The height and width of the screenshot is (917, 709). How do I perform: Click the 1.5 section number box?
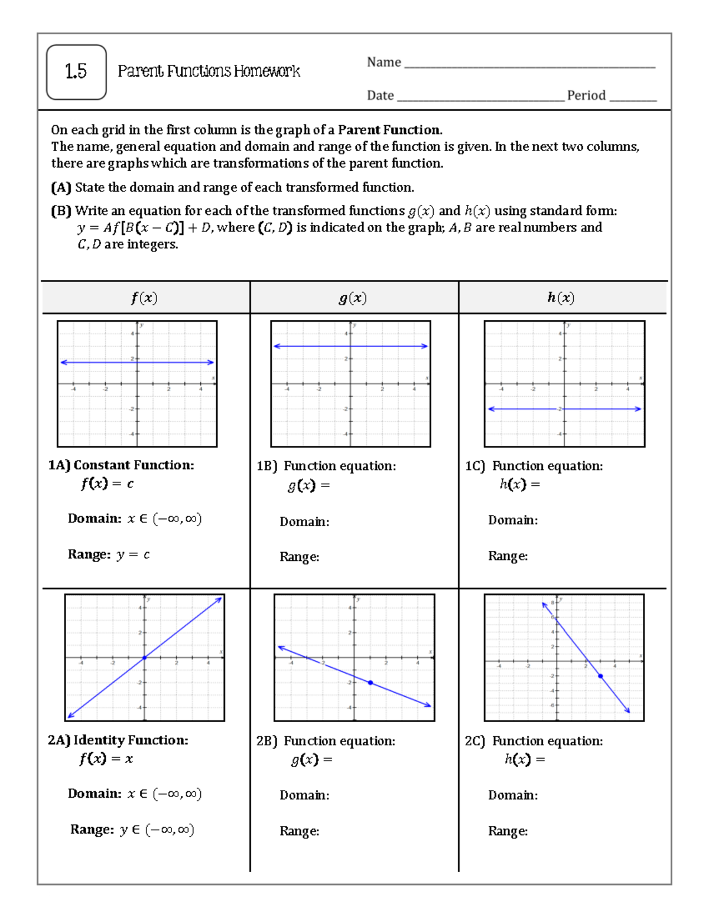76,72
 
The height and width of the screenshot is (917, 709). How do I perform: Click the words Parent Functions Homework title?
209,71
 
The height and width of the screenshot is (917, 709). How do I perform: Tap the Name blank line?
529,66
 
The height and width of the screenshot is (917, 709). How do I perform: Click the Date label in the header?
380,96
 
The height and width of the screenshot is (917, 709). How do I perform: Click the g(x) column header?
353,298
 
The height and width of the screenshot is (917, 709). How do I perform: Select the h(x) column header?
561,298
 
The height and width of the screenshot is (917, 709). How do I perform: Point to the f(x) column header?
144,298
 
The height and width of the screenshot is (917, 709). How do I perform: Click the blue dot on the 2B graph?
370,683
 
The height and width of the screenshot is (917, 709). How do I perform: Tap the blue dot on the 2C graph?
600,676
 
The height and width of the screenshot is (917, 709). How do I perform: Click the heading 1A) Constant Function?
121,465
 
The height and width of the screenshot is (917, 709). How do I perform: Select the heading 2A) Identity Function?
118,740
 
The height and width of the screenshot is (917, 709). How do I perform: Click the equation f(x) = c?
107,484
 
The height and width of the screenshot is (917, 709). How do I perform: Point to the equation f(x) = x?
106,759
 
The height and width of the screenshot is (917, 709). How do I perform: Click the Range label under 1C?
508,556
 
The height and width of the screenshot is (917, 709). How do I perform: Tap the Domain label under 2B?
304,795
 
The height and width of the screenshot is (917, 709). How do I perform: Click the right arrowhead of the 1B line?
425,346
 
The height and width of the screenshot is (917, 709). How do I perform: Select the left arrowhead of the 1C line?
491,409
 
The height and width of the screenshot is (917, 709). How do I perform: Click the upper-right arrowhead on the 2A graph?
219,599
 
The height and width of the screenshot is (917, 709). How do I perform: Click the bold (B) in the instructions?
61,211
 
